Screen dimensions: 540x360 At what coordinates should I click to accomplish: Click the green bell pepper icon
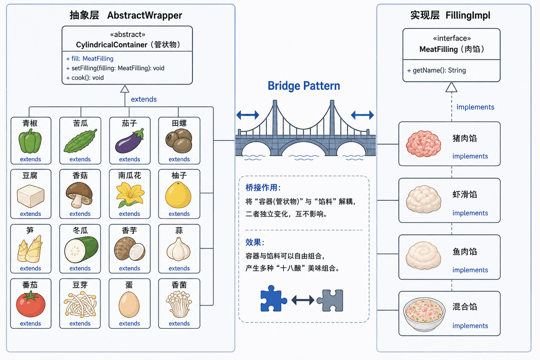point(30,141)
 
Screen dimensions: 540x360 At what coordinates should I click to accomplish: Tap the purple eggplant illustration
point(129,141)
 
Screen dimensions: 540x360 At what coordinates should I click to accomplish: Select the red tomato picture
point(31,304)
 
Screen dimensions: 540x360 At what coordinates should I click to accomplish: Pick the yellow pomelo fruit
point(178,195)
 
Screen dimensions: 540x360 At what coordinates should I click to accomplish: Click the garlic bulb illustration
point(178,249)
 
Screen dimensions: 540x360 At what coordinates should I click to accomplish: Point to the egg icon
point(129,305)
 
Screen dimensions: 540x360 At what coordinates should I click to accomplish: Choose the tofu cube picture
point(31,196)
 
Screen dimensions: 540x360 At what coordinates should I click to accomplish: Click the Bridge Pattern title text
point(304,86)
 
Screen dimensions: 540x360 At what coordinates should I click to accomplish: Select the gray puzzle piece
point(330,300)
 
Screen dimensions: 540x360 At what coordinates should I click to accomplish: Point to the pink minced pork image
point(423,144)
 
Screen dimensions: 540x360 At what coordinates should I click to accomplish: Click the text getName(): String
point(436,70)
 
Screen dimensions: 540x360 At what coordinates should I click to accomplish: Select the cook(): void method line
point(85,78)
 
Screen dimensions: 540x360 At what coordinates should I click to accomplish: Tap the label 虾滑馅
point(465,194)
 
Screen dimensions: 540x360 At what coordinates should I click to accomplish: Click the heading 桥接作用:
point(263,188)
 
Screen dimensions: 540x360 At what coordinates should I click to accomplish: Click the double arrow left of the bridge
point(247,115)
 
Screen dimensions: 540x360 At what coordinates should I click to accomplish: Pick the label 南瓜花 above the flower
point(129,175)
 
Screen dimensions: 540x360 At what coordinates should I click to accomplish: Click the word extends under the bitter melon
point(80,159)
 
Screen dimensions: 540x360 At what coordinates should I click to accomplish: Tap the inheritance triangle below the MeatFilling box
point(451,87)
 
